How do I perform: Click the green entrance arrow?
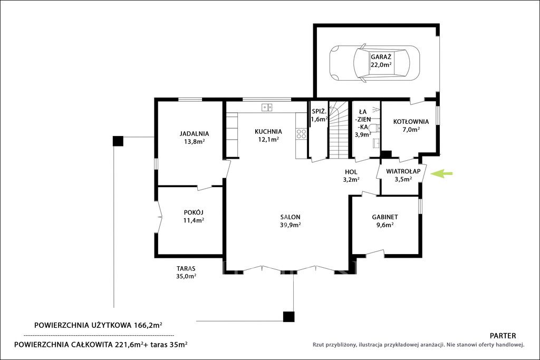442,174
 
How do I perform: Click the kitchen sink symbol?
266,108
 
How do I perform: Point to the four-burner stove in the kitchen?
301,134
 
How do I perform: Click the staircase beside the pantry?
339,130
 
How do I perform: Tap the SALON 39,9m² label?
291,221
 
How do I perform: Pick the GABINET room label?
385,217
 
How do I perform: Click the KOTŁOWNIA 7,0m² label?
411,125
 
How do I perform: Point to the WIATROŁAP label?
403,171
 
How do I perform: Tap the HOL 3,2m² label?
351,176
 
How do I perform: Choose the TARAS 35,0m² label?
186,272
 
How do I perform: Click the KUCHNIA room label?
268,131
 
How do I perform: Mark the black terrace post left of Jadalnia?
118,141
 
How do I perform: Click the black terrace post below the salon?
288,317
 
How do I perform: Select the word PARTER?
503,336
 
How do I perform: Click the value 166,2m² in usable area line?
148,325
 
